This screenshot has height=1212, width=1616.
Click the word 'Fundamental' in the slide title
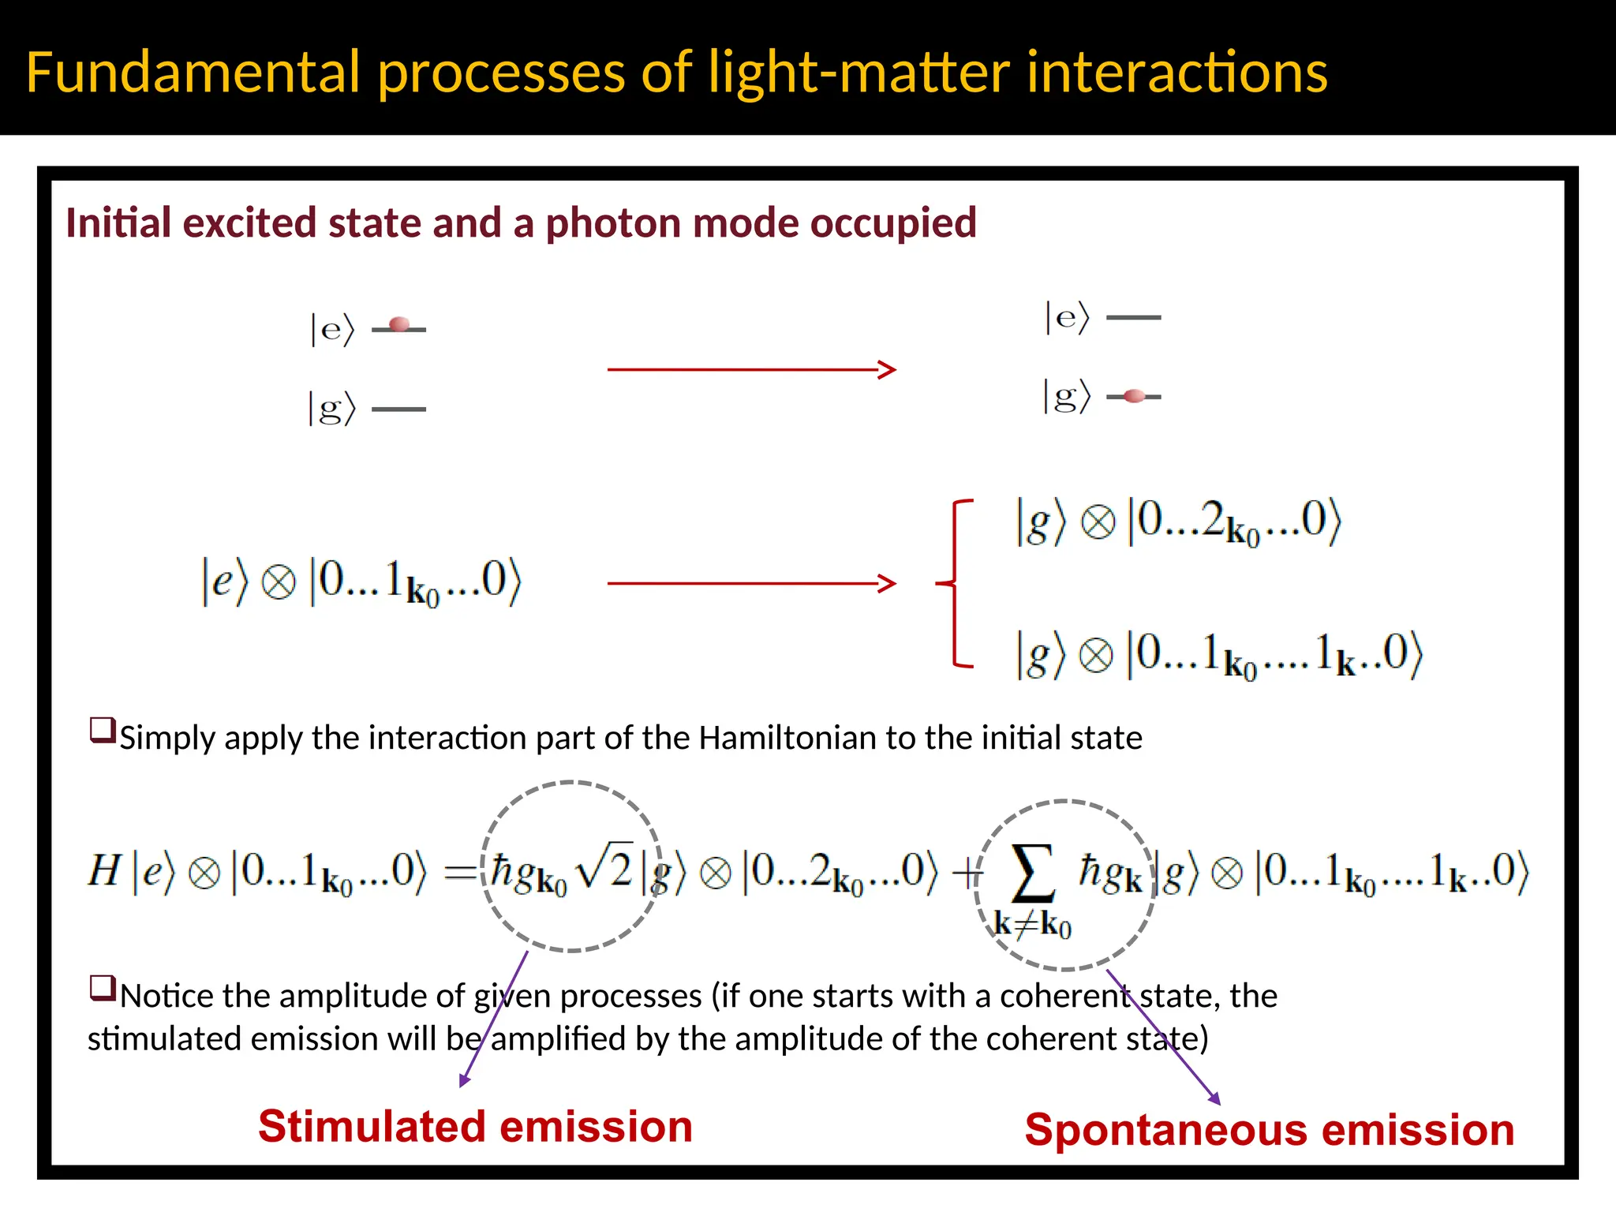pos(193,73)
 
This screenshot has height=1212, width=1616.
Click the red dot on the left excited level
pos(399,324)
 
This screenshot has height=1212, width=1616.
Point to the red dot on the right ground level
pos(1134,396)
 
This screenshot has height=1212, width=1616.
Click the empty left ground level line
pos(398,409)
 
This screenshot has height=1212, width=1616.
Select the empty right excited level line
pos(1134,317)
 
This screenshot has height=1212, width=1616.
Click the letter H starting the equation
pos(104,871)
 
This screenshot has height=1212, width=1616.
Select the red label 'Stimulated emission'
pos(475,1126)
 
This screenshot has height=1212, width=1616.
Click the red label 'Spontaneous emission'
pos(1269,1129)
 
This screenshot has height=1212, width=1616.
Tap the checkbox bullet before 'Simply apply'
pos(103,730)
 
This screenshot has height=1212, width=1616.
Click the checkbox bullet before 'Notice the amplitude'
pos(103,988)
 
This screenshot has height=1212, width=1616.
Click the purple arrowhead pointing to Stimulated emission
pos(465,1080)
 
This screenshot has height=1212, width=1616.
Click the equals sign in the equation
pos(461,872)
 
